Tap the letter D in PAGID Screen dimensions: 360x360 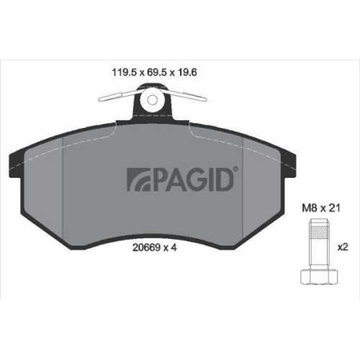225,179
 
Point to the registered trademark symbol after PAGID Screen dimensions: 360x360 238,170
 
